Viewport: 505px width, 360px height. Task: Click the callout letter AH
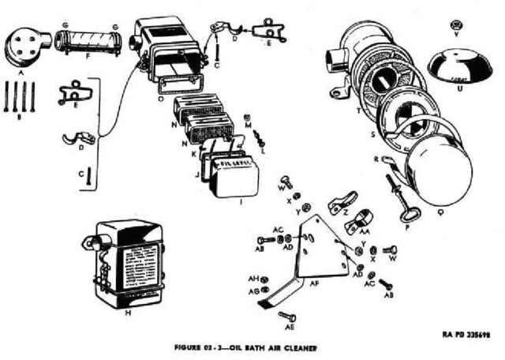tap(253, 278)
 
